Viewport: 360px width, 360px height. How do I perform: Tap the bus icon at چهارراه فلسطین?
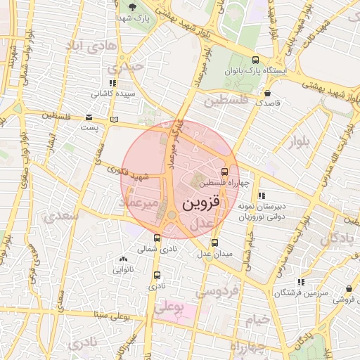click(224, 172)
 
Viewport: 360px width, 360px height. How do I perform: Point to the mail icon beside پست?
click(89, 117)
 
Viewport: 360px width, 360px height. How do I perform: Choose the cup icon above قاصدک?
click(267, 92)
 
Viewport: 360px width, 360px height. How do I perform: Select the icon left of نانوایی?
click(124, 259)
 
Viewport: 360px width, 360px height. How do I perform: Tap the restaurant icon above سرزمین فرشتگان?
click(301, 281)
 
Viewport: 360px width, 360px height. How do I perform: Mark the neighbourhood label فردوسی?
click(218, 290)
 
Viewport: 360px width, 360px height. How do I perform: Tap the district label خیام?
click(257, 320)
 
